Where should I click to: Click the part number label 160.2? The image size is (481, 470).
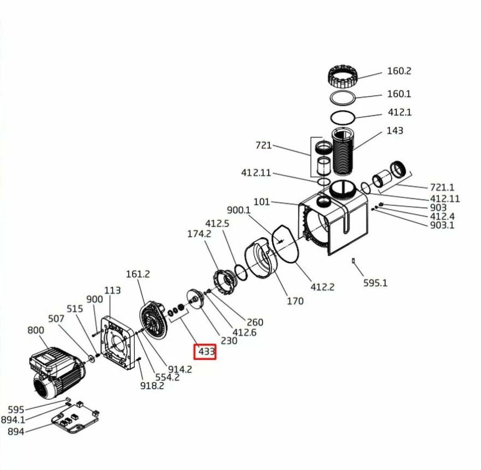pyautogui.click(x=399, y=71)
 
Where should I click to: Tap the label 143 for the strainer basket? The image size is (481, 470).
pyautogui.click(x=394, y=130)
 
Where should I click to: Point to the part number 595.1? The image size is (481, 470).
pyautogui.click(x=375, y=282)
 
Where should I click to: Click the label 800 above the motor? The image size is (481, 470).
pyautogui.click(x=36, y=330)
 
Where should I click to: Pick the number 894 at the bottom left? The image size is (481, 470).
pyautogui.click(x=16, y=432)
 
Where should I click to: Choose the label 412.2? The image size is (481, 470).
pyautogui.click(x=322, y=287)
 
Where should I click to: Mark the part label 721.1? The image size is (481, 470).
pyautogui.click(x=442, y=187)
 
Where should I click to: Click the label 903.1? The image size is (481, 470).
pyautogui.click(x=442, y=225)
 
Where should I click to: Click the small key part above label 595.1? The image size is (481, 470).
pyautogui.click(x=353, y=261)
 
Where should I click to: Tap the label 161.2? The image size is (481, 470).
pyautogui.click(x=138, y=274)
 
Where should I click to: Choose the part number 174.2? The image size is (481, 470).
pyautogui.click(x=199, y=234)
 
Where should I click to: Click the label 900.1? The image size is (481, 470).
pyautogui.click(x=239, y=210)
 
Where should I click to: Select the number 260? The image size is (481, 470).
pyautogui.click(x=255, y=322)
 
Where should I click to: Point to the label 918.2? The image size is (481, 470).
pyautogui.click(x=152, y=385)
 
